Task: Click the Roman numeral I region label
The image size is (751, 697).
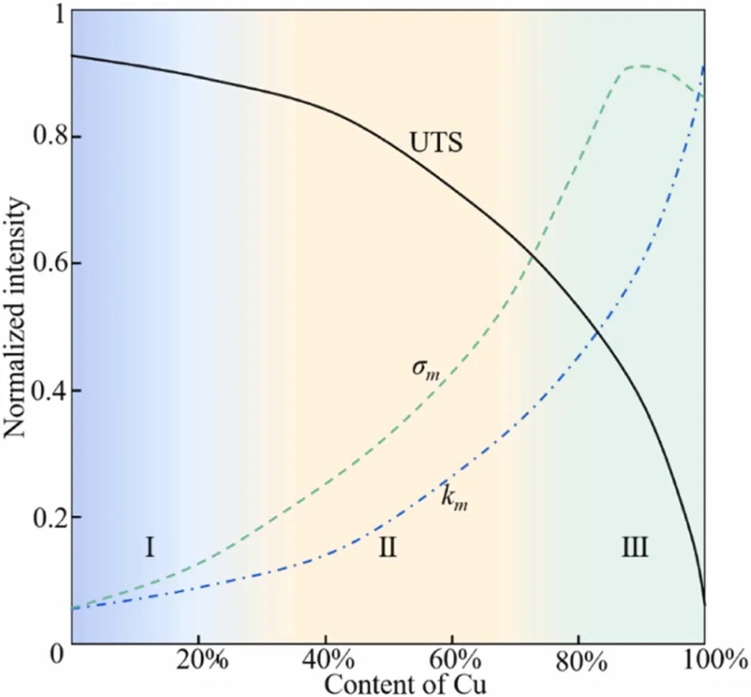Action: (x=151, y=546)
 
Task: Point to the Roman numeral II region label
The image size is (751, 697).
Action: (x=387, y=547)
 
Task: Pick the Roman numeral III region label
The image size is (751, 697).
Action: (x=635, y=546)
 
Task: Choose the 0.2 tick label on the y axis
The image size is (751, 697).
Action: (x=42, y=517)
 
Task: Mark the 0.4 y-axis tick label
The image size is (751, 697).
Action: (x=42, y=390)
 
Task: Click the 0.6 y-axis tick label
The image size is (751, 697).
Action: (x=42, y=263)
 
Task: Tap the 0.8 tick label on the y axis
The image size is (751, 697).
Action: (x=42, y=137)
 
